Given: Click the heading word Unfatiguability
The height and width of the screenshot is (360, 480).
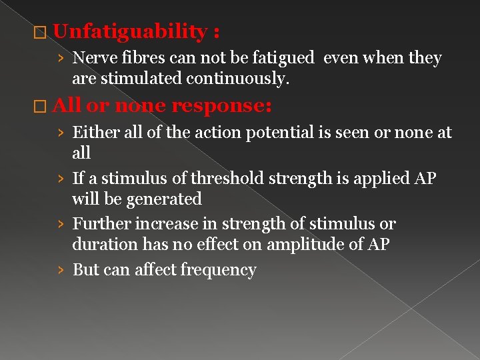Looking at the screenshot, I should [x=131, y=31].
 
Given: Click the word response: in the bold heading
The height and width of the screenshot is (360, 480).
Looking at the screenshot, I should [x=221, y=105].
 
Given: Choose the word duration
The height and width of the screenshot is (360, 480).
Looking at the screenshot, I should [x=105, y=244].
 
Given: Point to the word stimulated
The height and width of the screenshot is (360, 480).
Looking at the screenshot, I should [x=142, y=78].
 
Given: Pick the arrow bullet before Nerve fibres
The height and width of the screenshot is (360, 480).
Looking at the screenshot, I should [x=61, y=59].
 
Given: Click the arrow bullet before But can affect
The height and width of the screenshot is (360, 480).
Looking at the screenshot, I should [x=61, y=271].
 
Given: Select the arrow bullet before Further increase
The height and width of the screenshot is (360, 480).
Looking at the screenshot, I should [x=61, y=224].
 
